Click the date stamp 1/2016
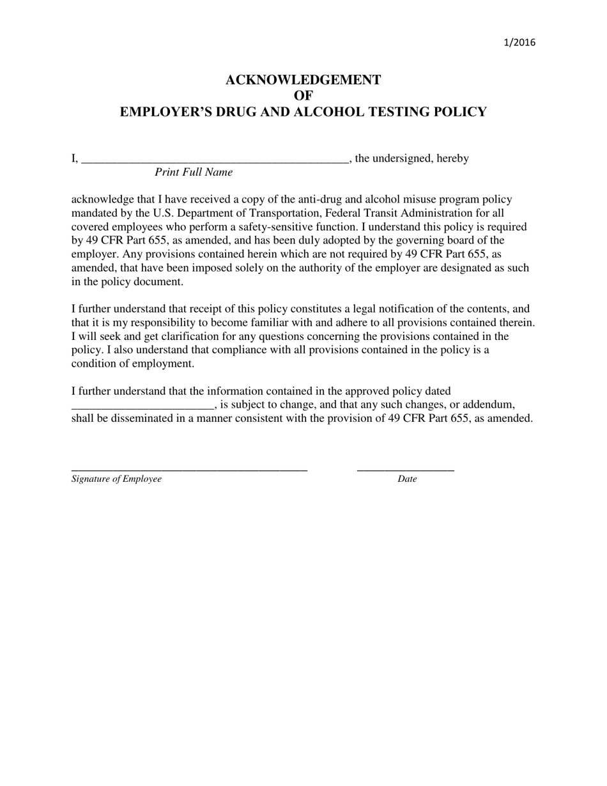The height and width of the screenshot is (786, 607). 519,43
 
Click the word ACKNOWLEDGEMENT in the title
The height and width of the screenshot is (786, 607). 303,80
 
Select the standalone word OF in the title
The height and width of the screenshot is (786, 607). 303,96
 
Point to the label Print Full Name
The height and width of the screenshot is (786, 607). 194,173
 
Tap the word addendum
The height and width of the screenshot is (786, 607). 488,405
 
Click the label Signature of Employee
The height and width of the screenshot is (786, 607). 116,479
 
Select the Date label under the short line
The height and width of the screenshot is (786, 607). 406,479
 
